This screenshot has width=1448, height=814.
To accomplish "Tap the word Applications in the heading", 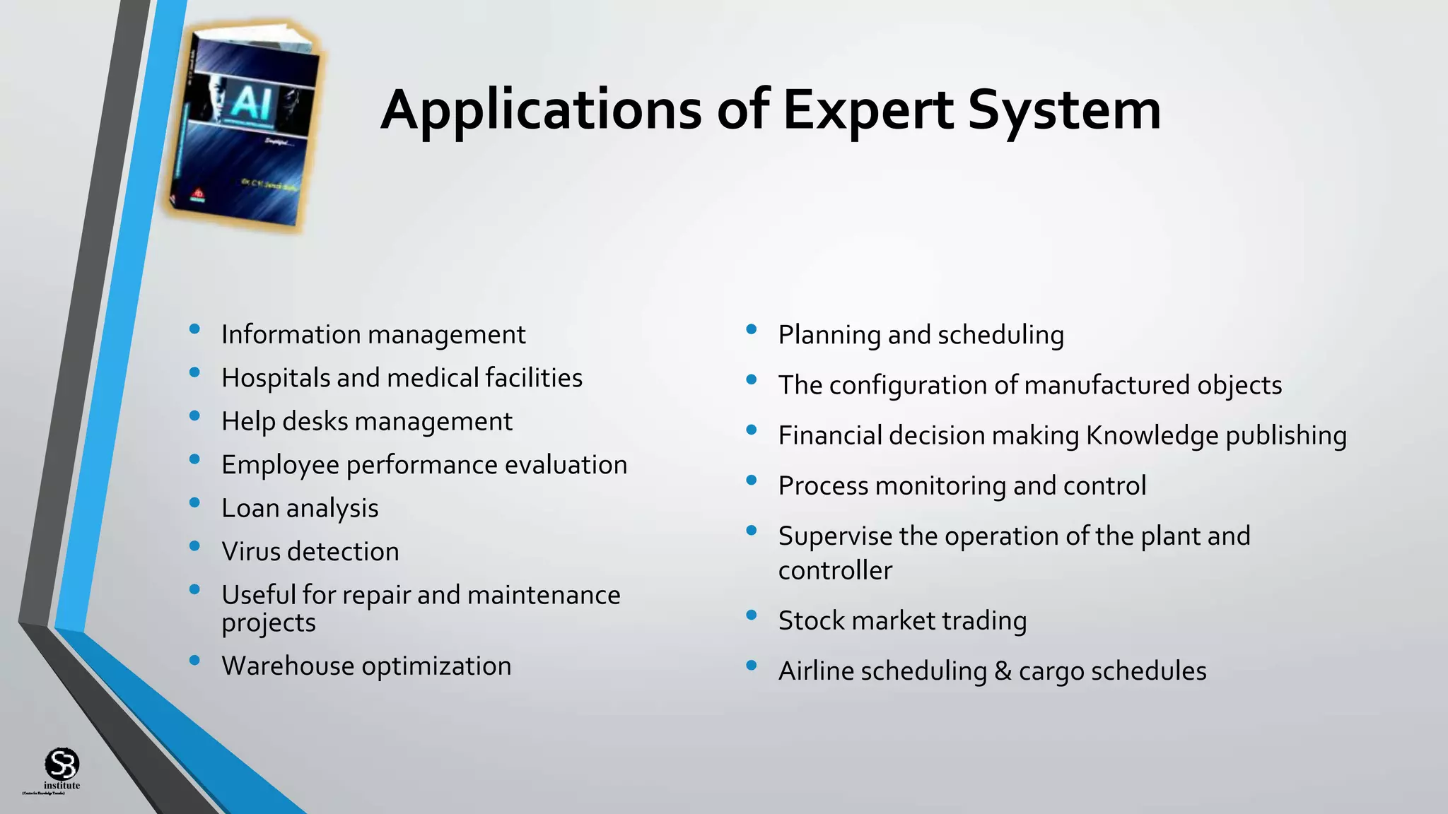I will pos(541,111).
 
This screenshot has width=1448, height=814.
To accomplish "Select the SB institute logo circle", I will pos(62,764).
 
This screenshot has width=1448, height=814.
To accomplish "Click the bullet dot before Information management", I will pos(194,329).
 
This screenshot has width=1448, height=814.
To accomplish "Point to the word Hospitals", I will pos(275,378).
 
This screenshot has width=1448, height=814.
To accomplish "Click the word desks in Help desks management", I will pos(315,422).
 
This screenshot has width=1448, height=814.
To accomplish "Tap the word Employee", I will pos(280,466).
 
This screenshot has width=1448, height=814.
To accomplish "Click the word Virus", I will pos(251,552).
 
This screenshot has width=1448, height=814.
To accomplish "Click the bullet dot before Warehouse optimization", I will pos(194,661).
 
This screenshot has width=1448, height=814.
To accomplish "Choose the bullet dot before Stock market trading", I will pos(752,615).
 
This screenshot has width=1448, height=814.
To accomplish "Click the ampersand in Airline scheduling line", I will pos(1003,671).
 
